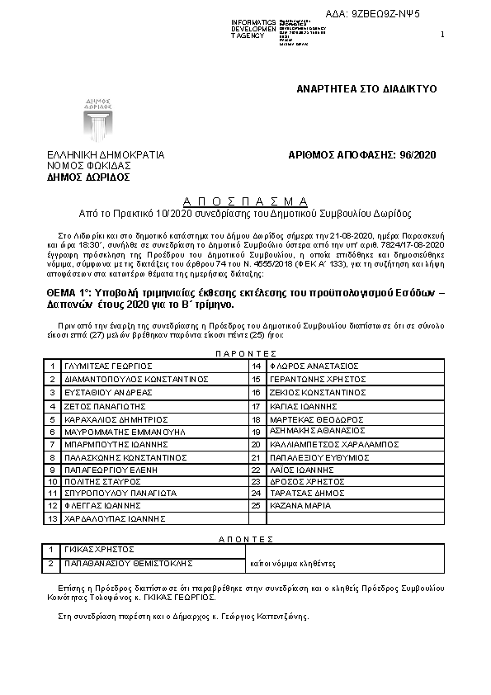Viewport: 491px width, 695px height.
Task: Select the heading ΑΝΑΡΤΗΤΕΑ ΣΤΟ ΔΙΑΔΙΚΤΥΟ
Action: coord(366,87)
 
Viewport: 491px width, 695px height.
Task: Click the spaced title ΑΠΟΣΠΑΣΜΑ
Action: coord(244,201)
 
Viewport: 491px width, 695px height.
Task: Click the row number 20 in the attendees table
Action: coord(256,444)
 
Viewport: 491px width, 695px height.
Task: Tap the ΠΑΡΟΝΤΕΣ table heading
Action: coord(245,352)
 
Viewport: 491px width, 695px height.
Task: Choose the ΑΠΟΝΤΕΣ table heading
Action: coord(245,537)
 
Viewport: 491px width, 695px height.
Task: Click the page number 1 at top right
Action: coord(442,34)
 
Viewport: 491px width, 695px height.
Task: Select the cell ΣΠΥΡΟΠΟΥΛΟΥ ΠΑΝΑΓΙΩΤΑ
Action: coord(120,492)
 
